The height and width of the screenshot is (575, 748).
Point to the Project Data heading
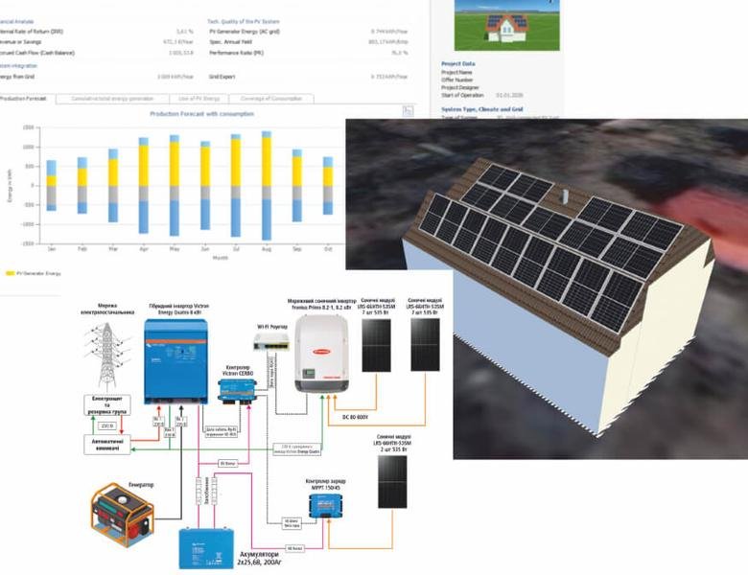coord(457,64)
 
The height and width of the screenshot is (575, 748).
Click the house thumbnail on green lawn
coord(493,26)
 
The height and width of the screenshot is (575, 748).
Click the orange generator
coord(123,515)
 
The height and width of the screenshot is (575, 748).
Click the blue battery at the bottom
coord(206,547)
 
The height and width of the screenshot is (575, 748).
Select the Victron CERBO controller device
coord(239,387)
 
